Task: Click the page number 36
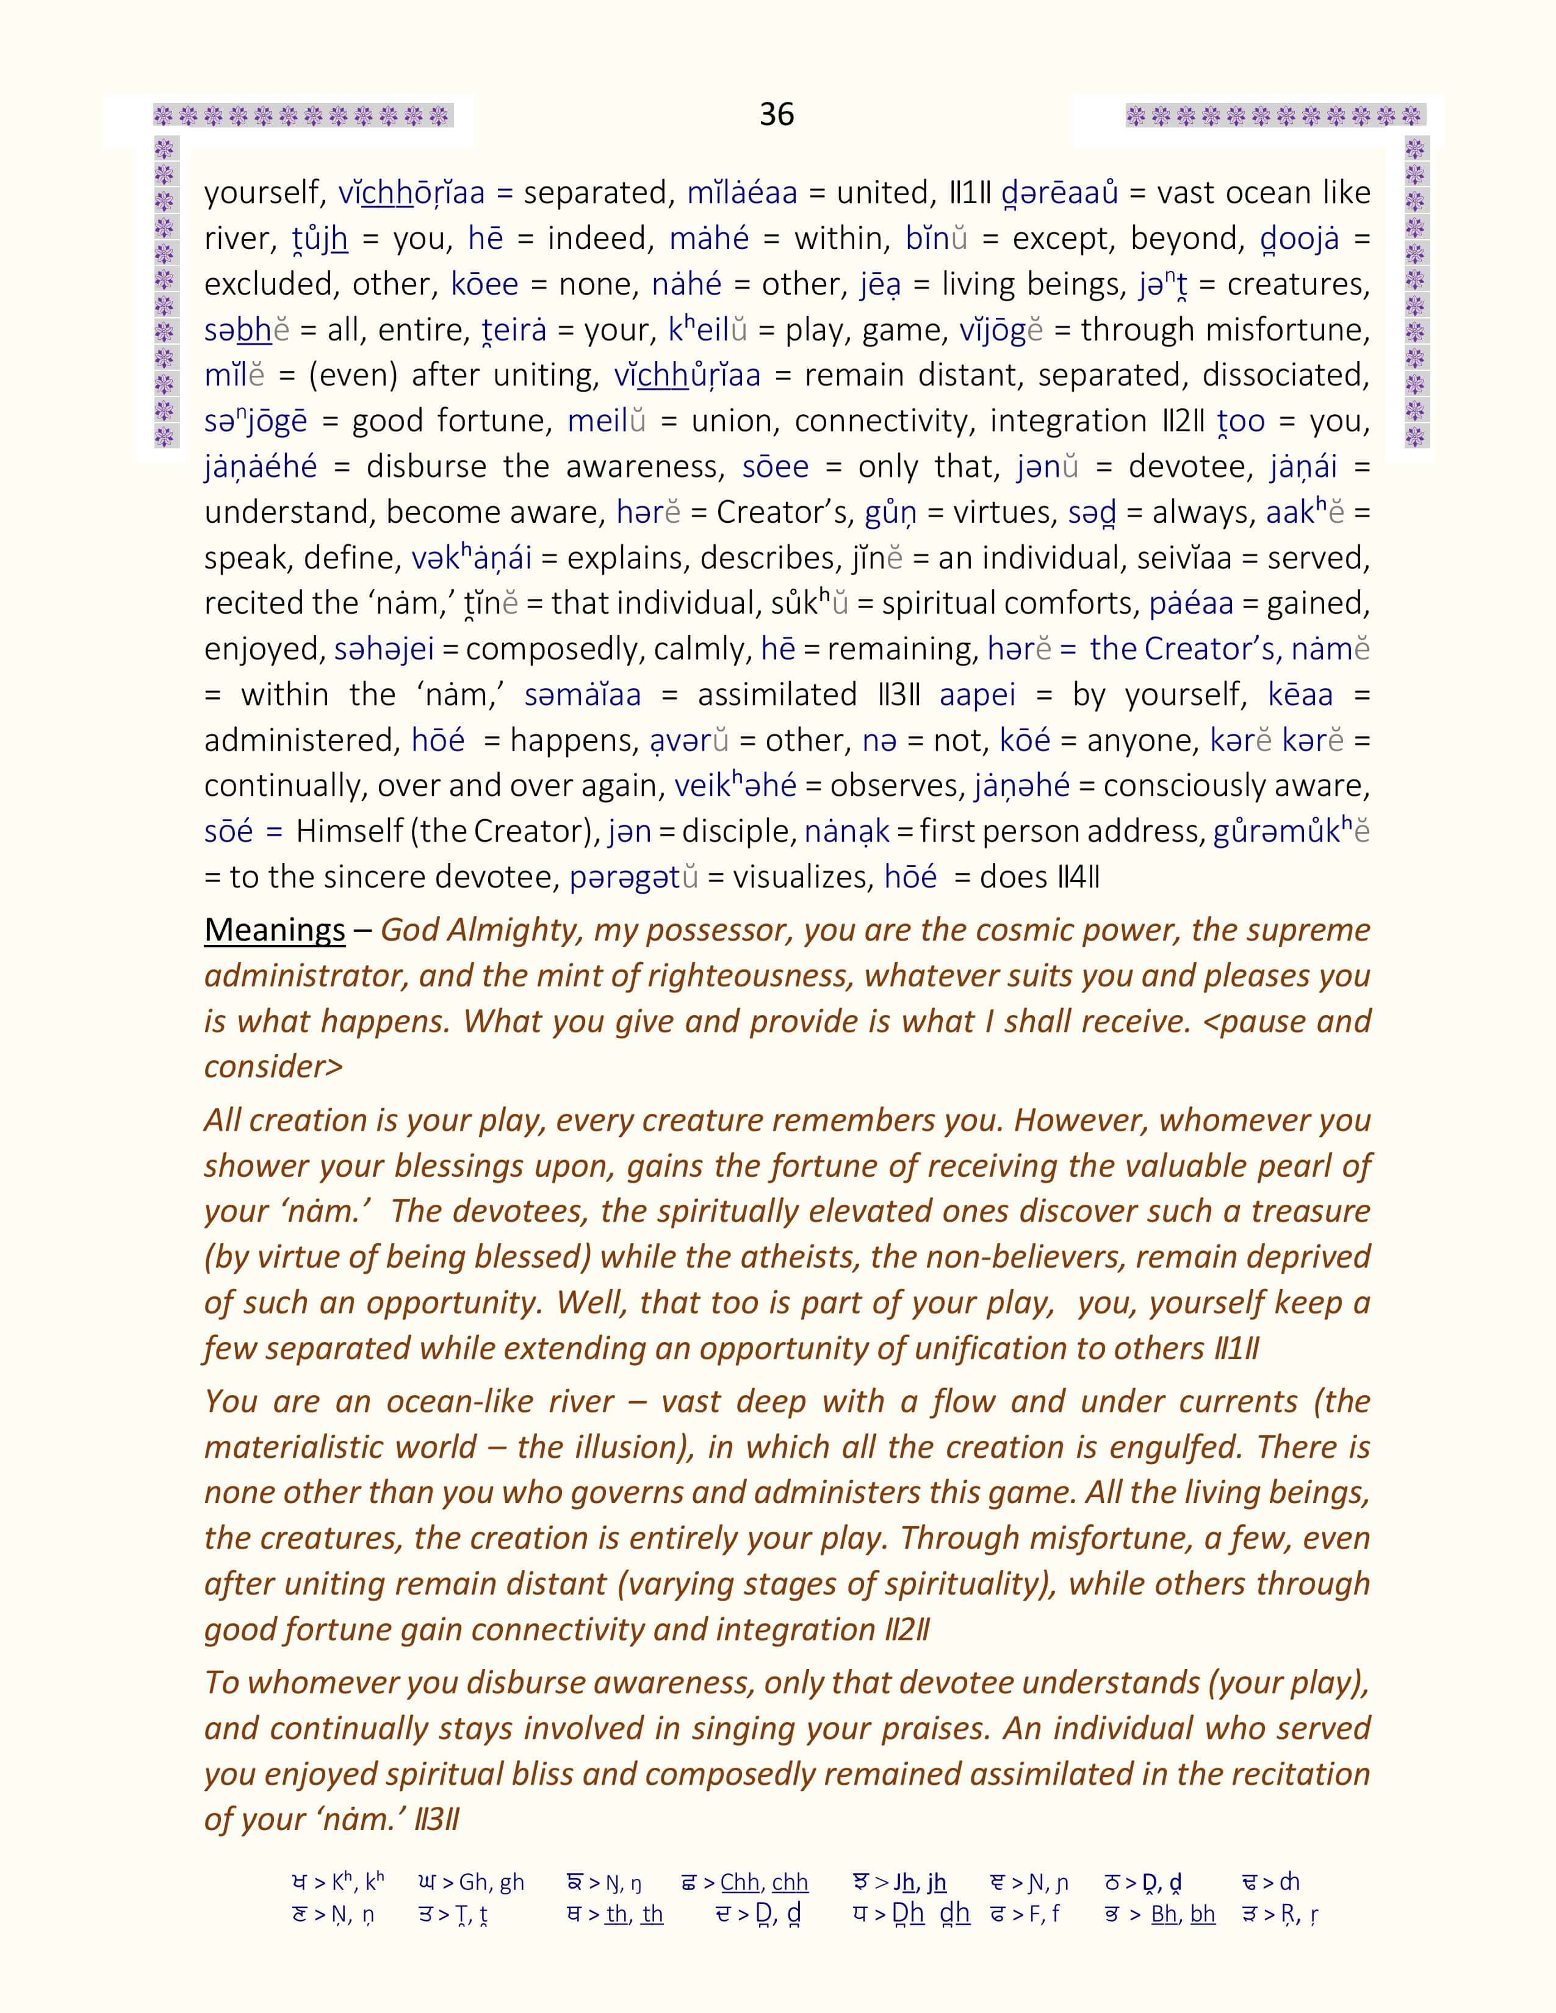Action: coord(776,114)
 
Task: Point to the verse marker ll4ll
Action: coord(1079,877)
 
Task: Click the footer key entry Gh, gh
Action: coord(491,1882)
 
